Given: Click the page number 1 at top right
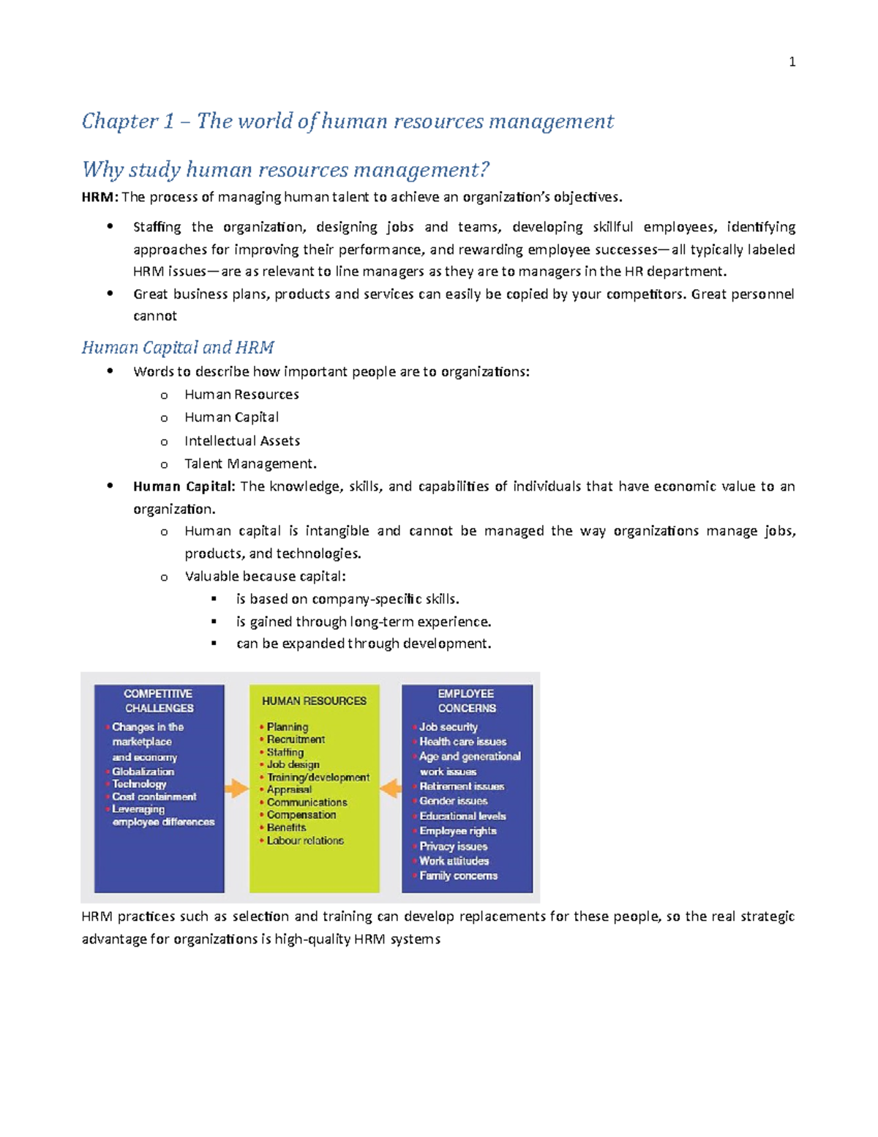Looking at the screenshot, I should (x=792, y=62).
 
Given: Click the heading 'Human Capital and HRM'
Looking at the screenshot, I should (x=178, y=347).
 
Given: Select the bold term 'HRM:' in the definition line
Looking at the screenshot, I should (x=100, y=197).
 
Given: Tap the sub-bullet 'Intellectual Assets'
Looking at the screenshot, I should (x=241, y=441).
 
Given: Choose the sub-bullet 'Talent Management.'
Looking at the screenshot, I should (x=250, y=463).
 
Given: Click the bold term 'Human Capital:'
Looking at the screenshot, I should (x=184, y=486).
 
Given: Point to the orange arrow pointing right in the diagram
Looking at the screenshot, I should (x=236, y=789).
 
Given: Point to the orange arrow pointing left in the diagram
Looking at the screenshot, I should (x=391, y=789).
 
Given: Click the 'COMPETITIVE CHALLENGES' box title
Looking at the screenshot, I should (x=159, y=701).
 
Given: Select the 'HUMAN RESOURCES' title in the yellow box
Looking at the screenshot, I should (x=314, y=701).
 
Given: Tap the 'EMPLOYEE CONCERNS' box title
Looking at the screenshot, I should (x=466, y=701).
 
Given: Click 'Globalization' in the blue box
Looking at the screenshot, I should (x=143, y=772).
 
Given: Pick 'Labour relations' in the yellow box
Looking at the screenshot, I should (x=304, y=840).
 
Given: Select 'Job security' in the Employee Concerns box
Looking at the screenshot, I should (x=448, y=727).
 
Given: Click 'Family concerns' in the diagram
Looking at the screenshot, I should (x=458, y=876).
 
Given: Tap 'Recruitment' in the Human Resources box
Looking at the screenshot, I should (x=296, y=739).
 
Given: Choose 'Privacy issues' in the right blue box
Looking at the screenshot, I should (x=453, y=846).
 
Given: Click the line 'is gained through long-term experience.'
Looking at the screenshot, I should (x=363, y=622).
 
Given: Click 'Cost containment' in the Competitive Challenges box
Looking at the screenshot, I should (x=154, y=797).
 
